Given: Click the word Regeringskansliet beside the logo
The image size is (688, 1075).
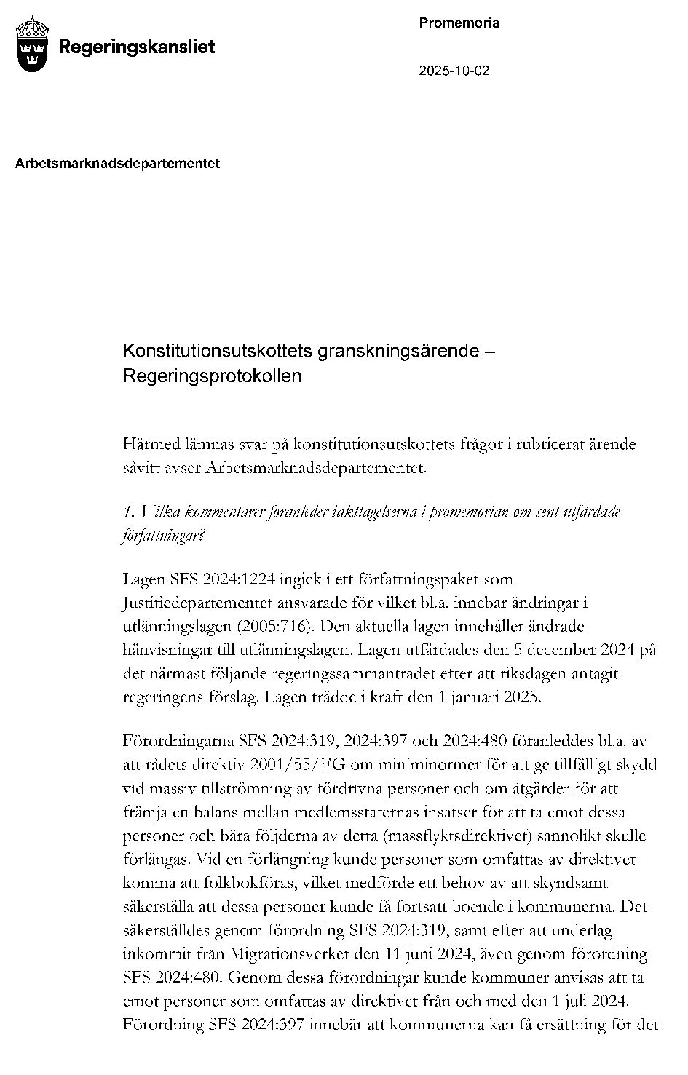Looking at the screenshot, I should tap(136, 47).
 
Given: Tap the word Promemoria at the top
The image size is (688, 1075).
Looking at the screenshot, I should tap(459, 23).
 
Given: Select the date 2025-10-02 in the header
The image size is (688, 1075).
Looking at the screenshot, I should tap(454, 71).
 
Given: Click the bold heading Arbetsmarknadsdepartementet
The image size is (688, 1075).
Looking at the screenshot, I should tap(117, 164).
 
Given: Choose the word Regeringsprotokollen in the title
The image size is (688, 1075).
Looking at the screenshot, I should tap(212, 377).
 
